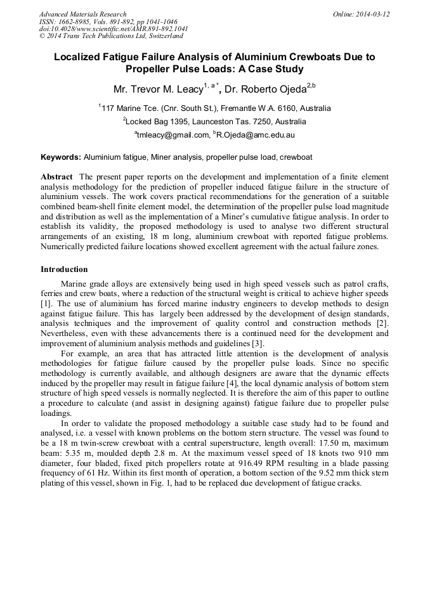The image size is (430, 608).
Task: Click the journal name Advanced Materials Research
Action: click(82, 14)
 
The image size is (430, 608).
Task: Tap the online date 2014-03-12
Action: click(370, 14)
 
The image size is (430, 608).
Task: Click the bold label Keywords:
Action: click(61, 157)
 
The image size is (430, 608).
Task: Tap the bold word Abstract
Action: click(57, 176)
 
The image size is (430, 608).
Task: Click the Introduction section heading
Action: click(64, 269)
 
